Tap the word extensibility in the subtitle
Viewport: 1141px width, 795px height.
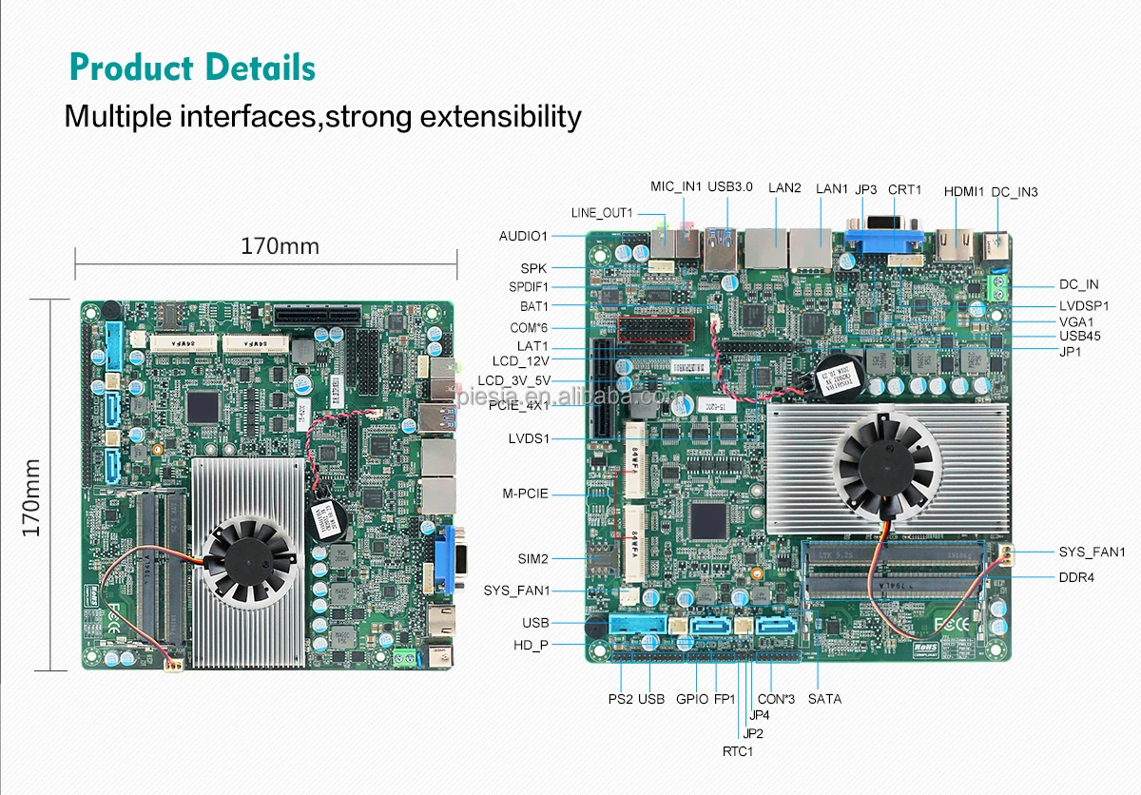tap(500, 117)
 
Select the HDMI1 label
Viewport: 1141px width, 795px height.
tap(963, 191)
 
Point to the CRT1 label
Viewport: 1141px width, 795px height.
tap(904, 190)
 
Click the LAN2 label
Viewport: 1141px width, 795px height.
tap(784, 187)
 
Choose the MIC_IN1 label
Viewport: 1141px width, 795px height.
tap(675, 186)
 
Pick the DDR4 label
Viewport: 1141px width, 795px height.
tap(1077, 577)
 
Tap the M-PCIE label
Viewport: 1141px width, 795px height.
tap(525, 494)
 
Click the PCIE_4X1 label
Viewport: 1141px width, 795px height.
tap(518, 405)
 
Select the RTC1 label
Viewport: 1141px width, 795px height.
tap(737, 751)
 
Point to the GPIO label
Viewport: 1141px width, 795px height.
tap(692, 699)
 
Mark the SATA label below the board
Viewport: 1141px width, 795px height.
tap(824, 699)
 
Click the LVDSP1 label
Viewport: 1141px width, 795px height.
tap(1084, 306)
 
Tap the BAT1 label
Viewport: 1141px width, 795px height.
tap(533, 306)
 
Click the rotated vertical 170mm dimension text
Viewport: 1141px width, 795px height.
tap(31, 497)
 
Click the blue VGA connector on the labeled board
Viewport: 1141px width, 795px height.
tap(884, 243)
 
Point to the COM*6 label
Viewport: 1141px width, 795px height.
tap(530, 327)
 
